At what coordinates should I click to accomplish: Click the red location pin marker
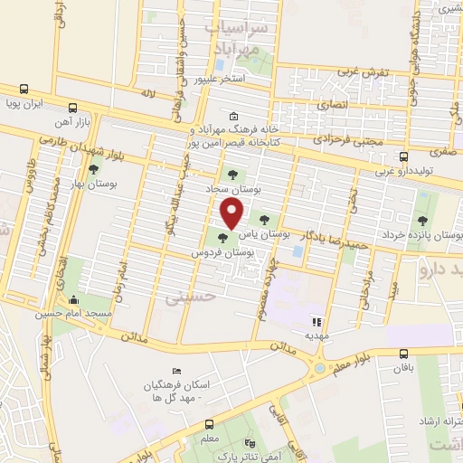coord(233,214)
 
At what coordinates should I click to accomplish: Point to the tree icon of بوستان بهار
coord(93,170)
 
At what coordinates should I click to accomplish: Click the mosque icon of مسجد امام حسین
coord(74,300)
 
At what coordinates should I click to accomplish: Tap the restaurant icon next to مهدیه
coord(317,320)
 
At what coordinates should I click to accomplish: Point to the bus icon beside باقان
coord(403,354)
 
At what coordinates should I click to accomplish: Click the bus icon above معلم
coord(210,423)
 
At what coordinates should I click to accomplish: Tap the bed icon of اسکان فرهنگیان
coord(175,373)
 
